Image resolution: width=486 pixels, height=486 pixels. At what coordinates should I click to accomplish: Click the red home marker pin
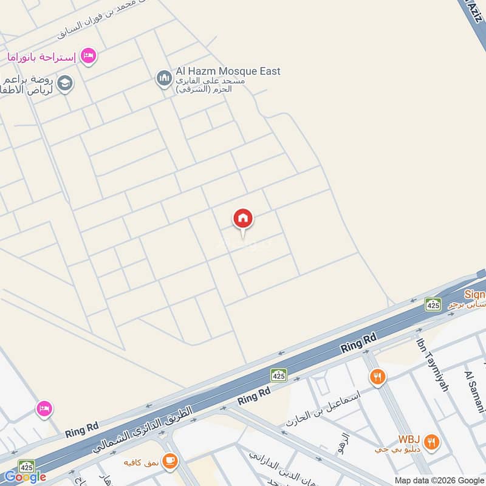coord(243,219)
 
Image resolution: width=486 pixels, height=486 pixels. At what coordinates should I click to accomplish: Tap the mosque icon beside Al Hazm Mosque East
coord(163,79)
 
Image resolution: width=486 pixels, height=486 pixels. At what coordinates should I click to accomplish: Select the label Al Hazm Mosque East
coord(228,71)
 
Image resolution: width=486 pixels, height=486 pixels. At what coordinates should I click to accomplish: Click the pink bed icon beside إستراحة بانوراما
coord(89,56)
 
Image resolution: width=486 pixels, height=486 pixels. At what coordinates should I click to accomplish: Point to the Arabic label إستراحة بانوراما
coord(41,57)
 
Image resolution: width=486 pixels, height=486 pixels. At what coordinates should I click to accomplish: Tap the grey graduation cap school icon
coord(65,83)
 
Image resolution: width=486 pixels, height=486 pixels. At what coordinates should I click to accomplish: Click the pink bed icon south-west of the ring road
coord(44,409)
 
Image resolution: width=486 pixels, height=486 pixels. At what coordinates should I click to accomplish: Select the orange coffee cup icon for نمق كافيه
coord(171,462)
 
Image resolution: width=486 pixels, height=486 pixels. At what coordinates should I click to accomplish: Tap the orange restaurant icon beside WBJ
coord(432,442)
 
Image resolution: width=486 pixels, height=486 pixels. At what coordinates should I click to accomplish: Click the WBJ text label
coord(410,439)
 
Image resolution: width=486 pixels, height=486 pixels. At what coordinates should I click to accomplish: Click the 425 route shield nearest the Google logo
coord(26,467)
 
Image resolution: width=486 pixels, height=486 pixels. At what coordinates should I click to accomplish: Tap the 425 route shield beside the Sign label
coord(433,304)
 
